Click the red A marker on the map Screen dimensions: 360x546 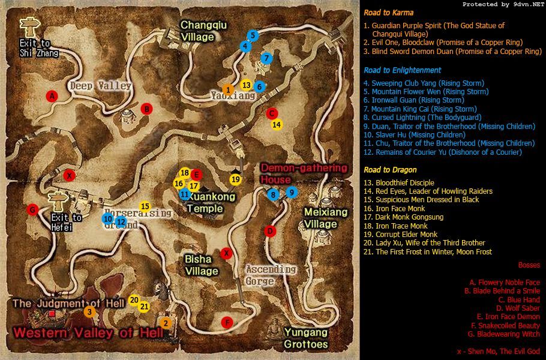52,96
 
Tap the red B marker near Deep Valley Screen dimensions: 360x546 146,109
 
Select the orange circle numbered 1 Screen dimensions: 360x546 227,90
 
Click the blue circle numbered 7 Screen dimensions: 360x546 266,58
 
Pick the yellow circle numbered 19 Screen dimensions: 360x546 236,179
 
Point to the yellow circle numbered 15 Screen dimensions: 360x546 145,206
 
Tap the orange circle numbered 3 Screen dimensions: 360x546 89,311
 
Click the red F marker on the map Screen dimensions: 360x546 226,322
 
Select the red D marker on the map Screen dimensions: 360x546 270,231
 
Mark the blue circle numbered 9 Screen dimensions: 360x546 291,192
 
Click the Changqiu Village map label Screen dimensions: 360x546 197,31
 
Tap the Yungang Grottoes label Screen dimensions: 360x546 306,338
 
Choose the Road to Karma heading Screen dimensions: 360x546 388,13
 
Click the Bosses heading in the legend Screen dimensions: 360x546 529,265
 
